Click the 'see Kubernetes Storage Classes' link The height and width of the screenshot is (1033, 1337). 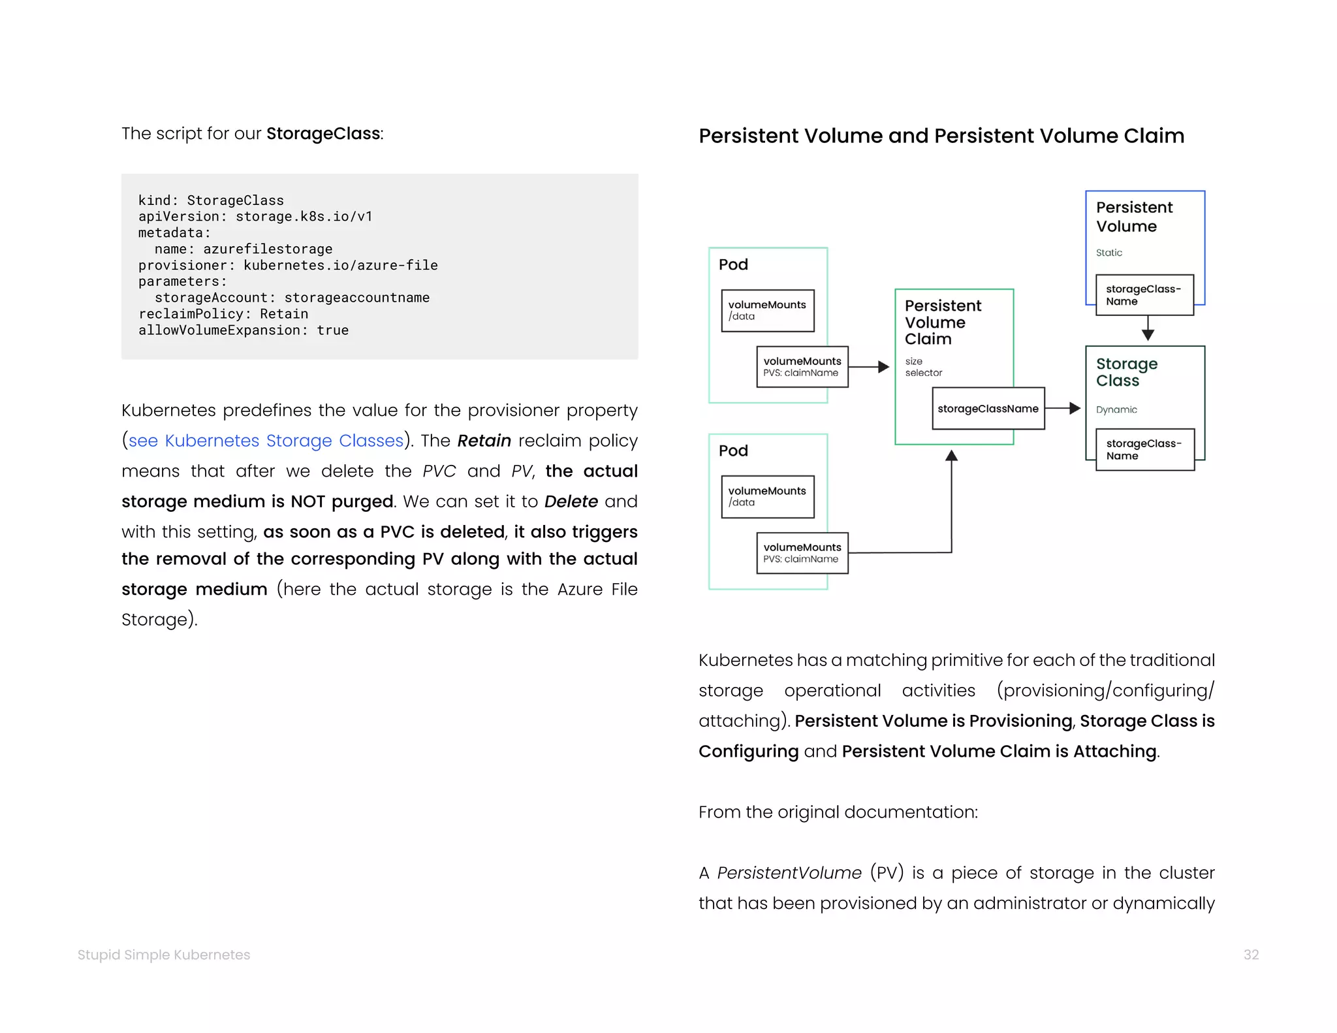pyautogui.click(x=266, y=441)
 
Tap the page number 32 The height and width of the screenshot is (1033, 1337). pyautogui.click(x=1251, y=955)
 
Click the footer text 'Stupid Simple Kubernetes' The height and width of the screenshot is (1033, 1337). pyautogui.click(x=164, y=955)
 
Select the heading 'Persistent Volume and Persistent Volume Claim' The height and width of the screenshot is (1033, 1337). pyautogui.click(x=941, y=136)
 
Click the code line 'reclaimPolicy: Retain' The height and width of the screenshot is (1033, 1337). pyautogui.click(x=223, y=314)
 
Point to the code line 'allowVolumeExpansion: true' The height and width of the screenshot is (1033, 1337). pyautogui.click(x=244, y=330)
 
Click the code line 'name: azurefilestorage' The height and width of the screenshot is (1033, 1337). pyautogui.click(x=244, y=249)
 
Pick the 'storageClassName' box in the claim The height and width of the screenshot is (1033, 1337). pyautogui.click(x=988, y=409)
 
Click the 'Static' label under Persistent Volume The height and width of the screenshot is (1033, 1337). pyautogui.click(x=1109, y=253)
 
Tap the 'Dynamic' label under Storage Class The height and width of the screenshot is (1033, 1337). pyautogui.click(x=1116, y=410)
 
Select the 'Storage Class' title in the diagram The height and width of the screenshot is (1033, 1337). pyautogui.click(x=1126, y=372)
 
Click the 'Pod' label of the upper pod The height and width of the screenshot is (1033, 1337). pyautogui.click(x=733, y=264)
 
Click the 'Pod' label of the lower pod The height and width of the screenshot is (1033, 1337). pyautogui.click(x=733, y=451)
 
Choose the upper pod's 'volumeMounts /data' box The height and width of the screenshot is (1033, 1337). pyautogui.click(x=767, y=310)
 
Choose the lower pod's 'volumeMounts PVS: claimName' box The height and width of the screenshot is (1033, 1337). pyautogui.click(x=802, y=553)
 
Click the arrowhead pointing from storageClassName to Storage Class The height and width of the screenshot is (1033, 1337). pyautogui.click(x=1075, y=409)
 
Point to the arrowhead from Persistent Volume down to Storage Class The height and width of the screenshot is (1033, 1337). pyautogui.click(x=1148, y=335)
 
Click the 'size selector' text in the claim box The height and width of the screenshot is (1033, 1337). pyautogui.click(x=923, y=367)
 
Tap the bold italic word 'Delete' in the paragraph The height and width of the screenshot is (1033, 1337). pyautogui.click(x=571, y=501)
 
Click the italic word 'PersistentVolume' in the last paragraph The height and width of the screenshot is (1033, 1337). pyautogui.click(x=789, y=873)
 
